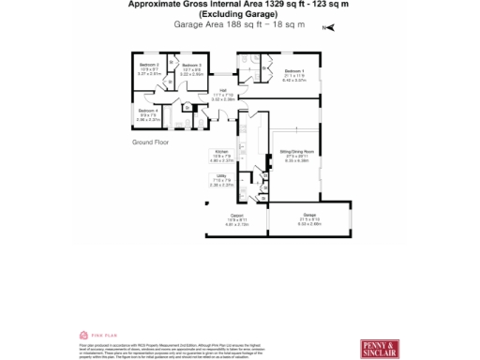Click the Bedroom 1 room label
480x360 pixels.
pyautogui.click(x=293, y=71)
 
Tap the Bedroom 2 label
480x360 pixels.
pyautogui.click(x=150, y=65)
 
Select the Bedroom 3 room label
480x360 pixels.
pyautogui.click(x=191, y=65)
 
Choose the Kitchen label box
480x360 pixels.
pyautogui.click(x=221, y=151)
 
